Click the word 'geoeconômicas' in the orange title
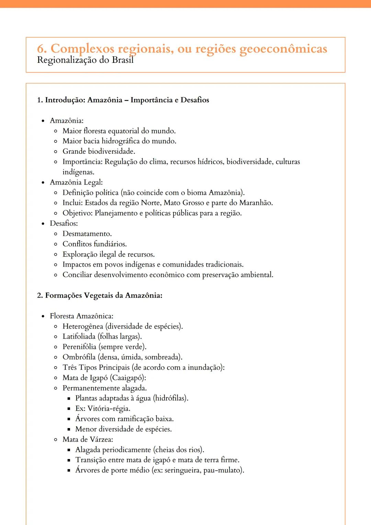(283, 49)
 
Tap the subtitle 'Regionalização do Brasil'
(85, 60)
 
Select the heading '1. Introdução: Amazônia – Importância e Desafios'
(123, 100)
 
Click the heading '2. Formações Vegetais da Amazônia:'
(100, 295)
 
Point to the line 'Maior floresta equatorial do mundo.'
(119, 131)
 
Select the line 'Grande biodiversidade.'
(99, 152)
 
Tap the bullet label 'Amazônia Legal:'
(76, 182)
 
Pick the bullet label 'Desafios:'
(64, 223)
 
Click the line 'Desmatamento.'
(87, 234)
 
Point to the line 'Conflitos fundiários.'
(94, 244)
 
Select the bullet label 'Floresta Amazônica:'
(81, 316)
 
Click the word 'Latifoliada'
(79, 336)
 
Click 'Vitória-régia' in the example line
(109, 409)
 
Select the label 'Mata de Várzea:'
(88, 439)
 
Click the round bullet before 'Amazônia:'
(43, 121)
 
